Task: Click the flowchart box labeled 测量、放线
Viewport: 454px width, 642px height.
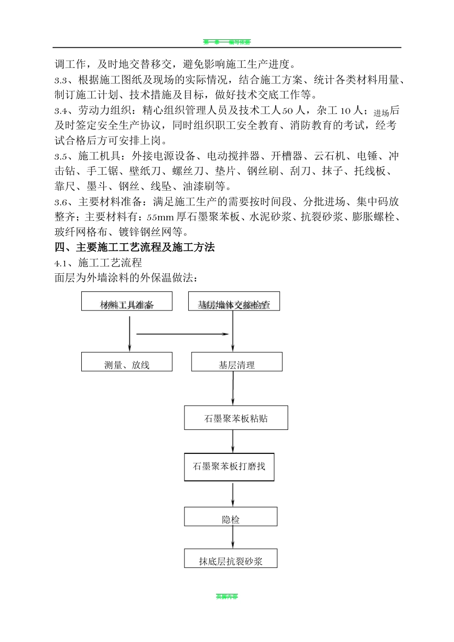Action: [x=127, y=362]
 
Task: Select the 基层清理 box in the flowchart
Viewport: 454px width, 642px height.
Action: [x=237, y=362]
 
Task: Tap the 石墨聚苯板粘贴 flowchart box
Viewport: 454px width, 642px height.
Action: [x=236, y=418]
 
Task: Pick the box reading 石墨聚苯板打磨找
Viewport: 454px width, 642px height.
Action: [x=229, y=467]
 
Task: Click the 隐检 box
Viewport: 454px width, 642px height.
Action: [x=231, y=517]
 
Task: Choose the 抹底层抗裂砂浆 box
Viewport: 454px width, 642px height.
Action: [x=231, y=558]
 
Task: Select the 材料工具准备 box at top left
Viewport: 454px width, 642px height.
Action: [x=127, y=301]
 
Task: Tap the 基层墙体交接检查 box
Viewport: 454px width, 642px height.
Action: [x=234, y=301]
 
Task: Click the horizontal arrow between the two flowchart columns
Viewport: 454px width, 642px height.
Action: [x=182, y=334]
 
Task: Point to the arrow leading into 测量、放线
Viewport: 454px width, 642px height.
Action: [x=130, y=334]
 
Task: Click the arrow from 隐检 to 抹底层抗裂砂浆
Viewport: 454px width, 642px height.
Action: [x=233, y=537]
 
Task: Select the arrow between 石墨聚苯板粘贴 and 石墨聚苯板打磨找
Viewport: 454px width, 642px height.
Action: [x=233, y=441]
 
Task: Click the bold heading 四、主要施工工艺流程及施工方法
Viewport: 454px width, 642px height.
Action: [x=135, y=247]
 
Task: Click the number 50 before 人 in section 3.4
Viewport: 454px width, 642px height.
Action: [x=287, y=111]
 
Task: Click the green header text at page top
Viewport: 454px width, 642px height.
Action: [x=227, y=43]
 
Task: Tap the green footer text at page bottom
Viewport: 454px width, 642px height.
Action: [x=227, y=597]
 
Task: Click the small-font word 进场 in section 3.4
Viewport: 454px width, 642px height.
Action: [x=381, y=113]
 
